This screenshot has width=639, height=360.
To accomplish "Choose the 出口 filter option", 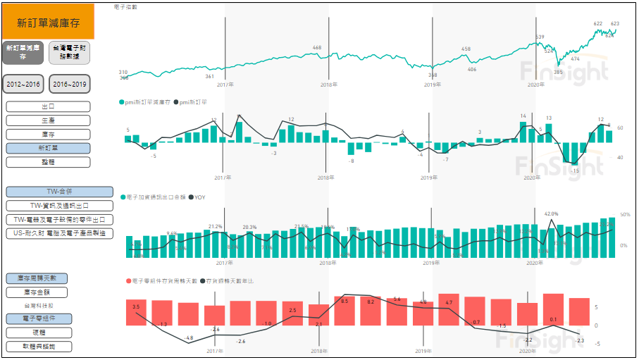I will (49, 107).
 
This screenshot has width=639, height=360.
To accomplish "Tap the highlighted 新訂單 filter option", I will (49, 149).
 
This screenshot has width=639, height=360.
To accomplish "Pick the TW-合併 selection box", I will (59, 192).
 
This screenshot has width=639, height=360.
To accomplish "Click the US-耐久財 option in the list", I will (59, 233).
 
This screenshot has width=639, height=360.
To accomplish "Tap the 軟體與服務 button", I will (49, 347).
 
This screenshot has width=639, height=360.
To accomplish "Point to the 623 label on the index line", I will (615, 24).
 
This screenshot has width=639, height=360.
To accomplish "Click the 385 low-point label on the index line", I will (558, 72).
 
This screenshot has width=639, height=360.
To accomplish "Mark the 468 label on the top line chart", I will (316, 48).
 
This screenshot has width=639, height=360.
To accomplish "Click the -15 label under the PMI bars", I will (575, 170).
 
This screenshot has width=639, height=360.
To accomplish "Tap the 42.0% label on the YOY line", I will (551, 213).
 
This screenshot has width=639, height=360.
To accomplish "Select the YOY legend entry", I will (197, 197).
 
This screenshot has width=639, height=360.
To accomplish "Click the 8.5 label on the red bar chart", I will (345, 301).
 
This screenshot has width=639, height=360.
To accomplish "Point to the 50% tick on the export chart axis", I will (624, 214).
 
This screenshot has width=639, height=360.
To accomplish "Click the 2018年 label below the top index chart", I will (328, 85).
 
